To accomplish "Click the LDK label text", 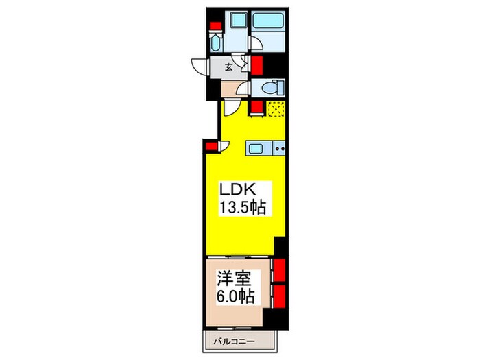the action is pos(238,190).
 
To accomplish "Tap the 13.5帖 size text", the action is pos(242,208).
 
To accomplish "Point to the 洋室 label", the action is pos(235,278).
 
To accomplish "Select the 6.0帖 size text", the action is pos(235,296).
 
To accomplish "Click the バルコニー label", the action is pos(235,341).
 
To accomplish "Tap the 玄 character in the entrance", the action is pos(228,67).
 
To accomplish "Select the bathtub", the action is pos(268,21).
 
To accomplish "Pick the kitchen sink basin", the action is pos(255,149).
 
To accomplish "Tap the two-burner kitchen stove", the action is pos(280,149).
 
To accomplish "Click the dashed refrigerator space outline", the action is pos(276,109).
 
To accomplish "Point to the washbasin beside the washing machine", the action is pos(215,42).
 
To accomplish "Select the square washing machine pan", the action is pos(237,21).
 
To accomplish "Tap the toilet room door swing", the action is pos(244,89).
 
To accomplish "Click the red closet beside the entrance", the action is pos(257,66).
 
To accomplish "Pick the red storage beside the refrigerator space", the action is pos(257,108).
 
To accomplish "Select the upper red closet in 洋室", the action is pos(279,270).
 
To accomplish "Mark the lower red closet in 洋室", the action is pos(279,296).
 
